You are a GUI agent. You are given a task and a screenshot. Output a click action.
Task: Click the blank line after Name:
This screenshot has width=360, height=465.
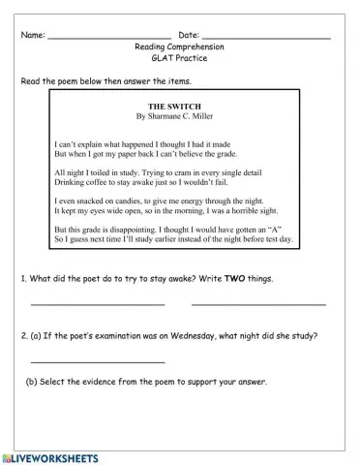click(x=108, y=38)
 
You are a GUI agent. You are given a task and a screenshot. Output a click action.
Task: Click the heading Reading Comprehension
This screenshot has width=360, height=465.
click(x=179, y=46)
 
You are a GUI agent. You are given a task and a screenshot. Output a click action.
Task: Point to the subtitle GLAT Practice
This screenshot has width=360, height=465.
click(x=179, y=58)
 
